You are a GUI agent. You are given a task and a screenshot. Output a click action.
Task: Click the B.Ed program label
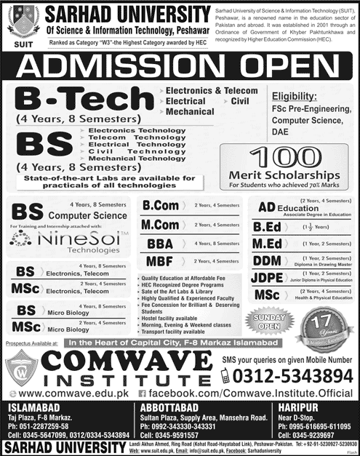(x=268, y=225)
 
